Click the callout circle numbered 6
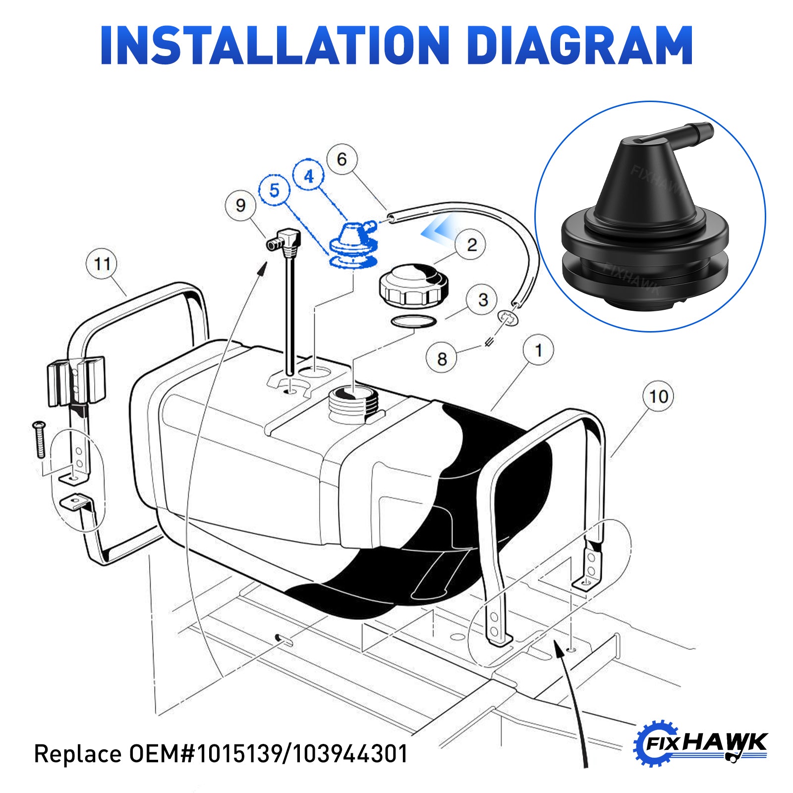[342, 159]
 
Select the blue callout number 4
[309, 176]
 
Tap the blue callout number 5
[274, 190]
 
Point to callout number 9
[240, 205]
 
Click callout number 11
[102, 264]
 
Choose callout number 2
[471, 244]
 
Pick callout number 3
[483, 299]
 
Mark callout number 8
[442, 358]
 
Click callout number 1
[539, 351]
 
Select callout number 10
[658, 396]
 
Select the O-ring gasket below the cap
[414, 321]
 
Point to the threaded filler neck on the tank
[353, 404]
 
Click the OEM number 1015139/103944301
[302, 754]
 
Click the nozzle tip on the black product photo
[704, 132]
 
